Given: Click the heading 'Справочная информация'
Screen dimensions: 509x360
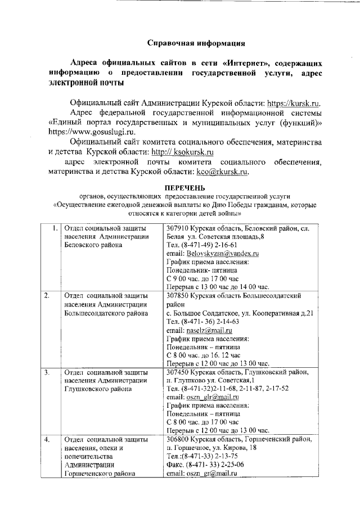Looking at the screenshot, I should pos(196,43).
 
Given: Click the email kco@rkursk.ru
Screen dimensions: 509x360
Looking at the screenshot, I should pos(222,172).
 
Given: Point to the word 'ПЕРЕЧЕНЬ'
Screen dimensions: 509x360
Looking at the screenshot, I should pos(185,187).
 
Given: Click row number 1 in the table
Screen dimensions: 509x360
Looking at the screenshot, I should pos(54,228).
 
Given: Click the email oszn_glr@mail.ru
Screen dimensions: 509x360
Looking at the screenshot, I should pos(208,397).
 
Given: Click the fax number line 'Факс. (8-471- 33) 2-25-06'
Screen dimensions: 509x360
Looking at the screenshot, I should pos(206,465).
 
